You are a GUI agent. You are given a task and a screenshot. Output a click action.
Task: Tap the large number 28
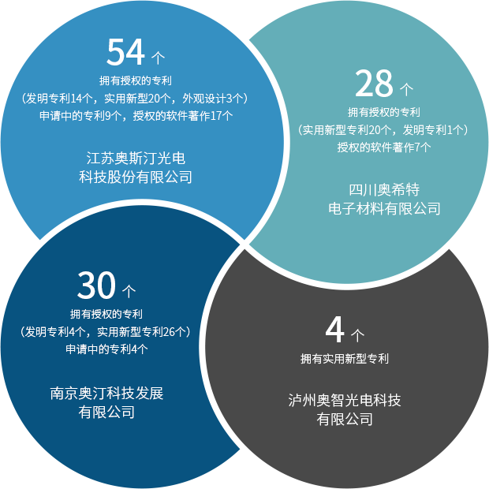[374, 83]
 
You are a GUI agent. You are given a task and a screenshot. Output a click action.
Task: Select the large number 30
[96, 285]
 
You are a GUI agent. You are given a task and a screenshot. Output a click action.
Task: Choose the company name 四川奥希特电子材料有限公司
[384, 199]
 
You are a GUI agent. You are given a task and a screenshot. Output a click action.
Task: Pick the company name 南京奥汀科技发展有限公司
[106, 402]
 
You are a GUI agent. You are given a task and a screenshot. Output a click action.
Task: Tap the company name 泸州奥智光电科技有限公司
[345, 409]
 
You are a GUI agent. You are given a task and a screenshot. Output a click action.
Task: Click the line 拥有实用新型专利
[345, 359]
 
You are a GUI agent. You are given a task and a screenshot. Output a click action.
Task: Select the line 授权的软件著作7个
[384, 147]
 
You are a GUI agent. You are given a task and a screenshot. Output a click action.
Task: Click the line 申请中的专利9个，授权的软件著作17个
[136, 116]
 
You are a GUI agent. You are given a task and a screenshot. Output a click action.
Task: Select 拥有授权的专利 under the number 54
[136, 81]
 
